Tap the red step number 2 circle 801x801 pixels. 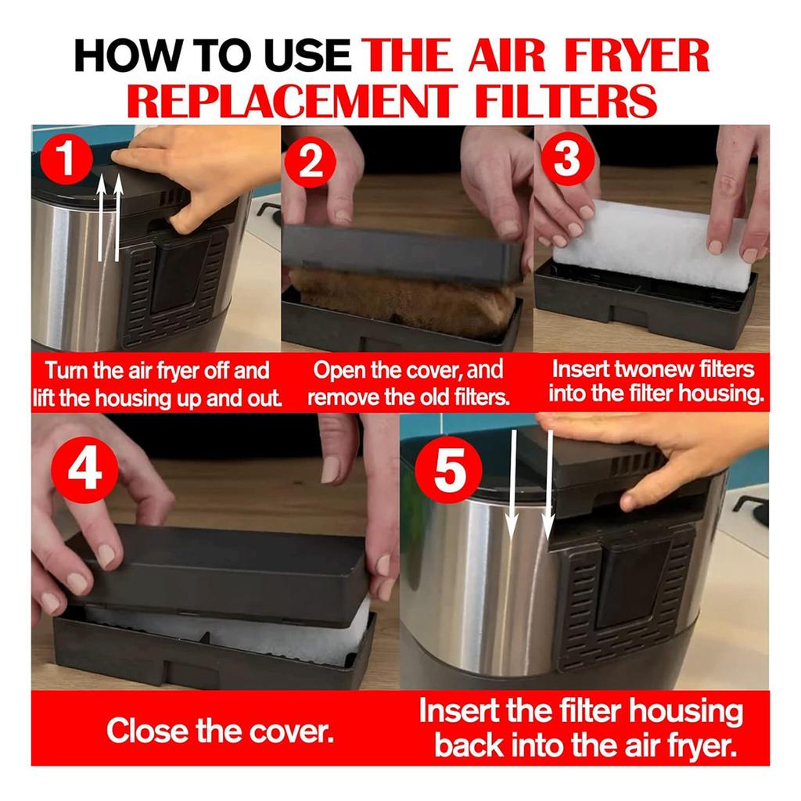[x=311, y=163]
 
